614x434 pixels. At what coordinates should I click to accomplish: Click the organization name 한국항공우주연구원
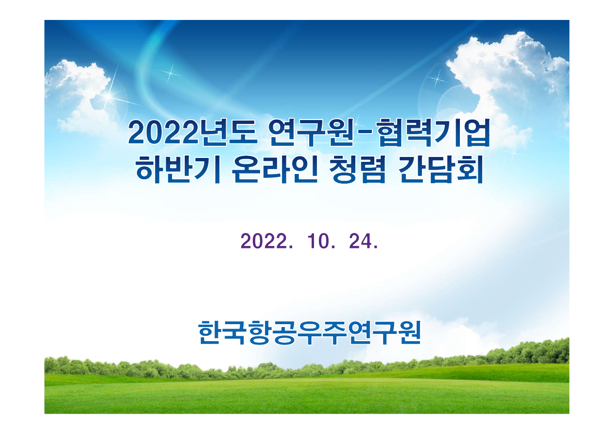pyautogui.click(x=309, y=332)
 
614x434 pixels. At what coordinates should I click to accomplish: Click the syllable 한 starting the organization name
pyautogui.click(x=211, y=332)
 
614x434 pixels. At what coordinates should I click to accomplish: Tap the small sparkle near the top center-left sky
pyautogui.click(x=170, y=73)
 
